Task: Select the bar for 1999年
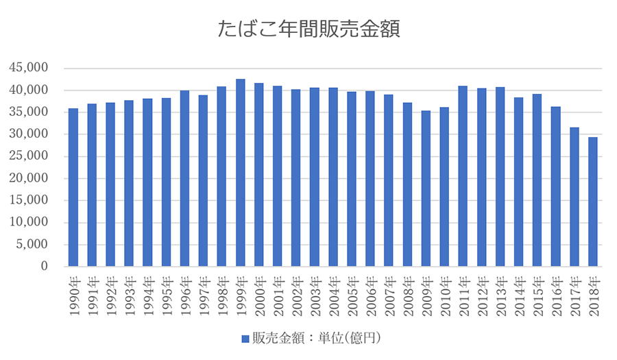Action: click(x=241, y=173)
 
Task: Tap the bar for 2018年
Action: click(x=593, y=202)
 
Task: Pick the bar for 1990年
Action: click(x=73, y=187)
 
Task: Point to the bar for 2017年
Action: click(x=574, y=197)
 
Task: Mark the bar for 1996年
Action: click(x=185, y=178)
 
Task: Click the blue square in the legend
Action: click(x=245, y=339)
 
